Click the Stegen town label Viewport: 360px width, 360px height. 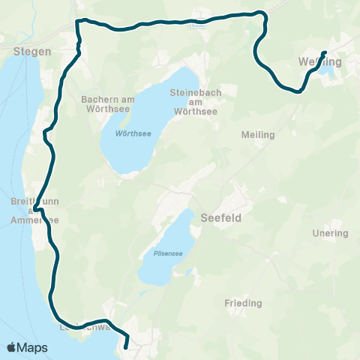tap(32, 52)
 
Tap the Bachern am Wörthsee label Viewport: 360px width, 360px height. tap(106, 103)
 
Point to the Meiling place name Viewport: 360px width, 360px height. tap(259, 135)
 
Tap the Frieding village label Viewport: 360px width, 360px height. tap(243, 303)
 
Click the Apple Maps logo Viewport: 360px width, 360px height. tap(27, 347)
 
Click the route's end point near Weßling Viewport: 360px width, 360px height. tap(324, 52)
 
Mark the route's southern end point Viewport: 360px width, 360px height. tap(125, 347)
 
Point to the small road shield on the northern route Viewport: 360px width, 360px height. tap(198, 22)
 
